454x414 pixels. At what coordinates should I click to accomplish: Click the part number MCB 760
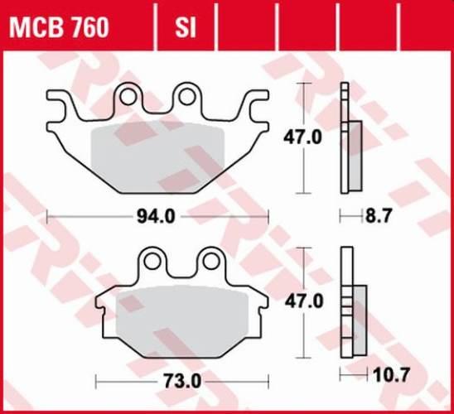click(x=58, y=29)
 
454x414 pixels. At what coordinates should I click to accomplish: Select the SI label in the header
click(x=185, y=29)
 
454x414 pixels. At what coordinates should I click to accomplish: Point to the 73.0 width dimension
click(x=159, y=383)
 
